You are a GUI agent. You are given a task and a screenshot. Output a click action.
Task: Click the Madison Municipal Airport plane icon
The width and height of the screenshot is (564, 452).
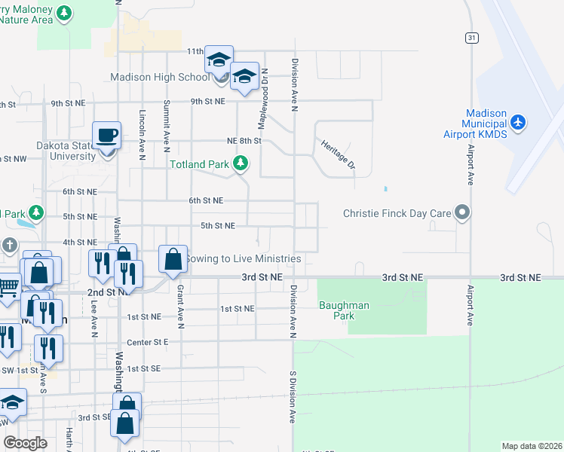click(517, 121)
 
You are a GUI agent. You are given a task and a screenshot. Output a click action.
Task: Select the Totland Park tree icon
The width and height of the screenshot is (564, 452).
click(241, 163)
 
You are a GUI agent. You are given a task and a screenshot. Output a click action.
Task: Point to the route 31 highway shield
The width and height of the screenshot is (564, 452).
click(471, 37)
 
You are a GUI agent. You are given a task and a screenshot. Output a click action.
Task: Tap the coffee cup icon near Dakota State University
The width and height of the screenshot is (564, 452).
click(106, 136)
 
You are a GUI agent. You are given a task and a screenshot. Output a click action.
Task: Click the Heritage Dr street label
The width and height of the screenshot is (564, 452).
click(338, 154)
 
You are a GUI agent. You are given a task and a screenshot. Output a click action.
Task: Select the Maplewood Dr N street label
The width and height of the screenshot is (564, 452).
click(265, 87)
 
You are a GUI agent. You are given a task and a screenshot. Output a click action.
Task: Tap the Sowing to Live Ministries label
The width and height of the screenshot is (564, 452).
click(243, 258)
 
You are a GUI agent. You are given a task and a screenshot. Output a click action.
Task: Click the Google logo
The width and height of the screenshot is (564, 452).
click(25, 442)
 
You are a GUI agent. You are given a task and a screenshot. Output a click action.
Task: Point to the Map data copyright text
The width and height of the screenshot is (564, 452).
click(532, 446)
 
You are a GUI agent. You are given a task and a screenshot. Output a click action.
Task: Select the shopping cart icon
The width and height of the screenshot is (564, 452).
click(8, 286)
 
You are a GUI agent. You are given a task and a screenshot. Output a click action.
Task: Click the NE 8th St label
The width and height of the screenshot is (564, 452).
click(244, 140)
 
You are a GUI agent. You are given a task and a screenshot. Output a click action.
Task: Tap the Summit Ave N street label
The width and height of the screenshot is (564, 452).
click(167, 121)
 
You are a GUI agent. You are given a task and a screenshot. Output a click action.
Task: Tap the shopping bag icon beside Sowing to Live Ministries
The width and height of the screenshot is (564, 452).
click(173, 259)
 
